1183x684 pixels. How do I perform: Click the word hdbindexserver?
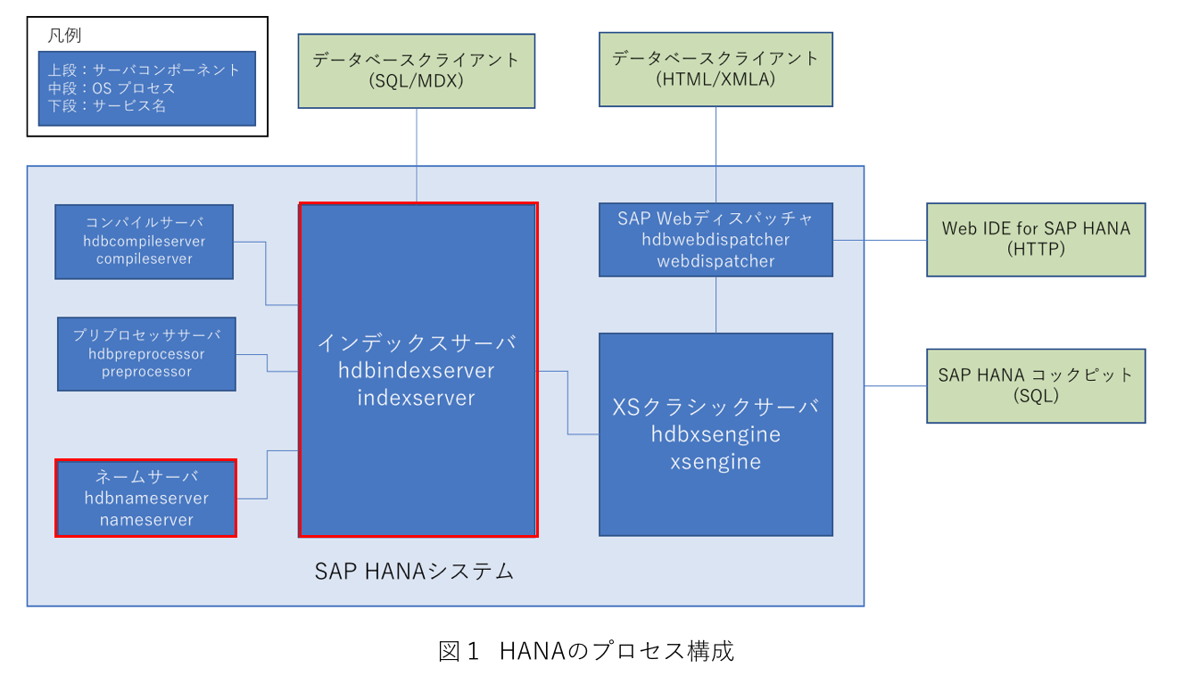click(x=416, y=370)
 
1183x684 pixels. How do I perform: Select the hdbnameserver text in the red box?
click(x=146, y=498)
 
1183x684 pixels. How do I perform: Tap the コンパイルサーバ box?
click(x=145, y=242)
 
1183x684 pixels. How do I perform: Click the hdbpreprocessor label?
click(x=146, y=354)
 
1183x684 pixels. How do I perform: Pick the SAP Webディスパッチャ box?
click(x=716, y=240)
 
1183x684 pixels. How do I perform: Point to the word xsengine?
click(x=716, y=462)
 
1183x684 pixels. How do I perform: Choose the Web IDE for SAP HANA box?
click(x=1036, y=240)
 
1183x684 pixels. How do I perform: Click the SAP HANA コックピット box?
click(x=1036, y=386)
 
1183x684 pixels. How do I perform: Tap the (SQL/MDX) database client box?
click(x=416, y=71)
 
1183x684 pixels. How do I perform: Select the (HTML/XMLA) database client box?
click(x=716, y=70)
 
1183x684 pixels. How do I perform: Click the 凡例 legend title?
click(x=64, y=36)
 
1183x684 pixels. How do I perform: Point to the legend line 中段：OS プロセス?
click(x=111, y=88)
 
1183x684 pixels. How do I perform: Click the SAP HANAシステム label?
click(x=414, y=571)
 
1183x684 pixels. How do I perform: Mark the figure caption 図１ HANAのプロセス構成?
click(x=585, y=651)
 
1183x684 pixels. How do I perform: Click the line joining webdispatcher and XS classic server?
click(x=716, y=304)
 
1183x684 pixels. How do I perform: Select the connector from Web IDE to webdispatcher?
click(x=880, y=240)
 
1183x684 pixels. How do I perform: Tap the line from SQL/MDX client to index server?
click(x=417, y=155)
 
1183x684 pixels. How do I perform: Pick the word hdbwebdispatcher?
click(x=716, y=240)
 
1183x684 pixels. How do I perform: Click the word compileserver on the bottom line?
click(x=145, y=259)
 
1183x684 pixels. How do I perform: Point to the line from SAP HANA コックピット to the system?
click(x=895, y=386)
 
